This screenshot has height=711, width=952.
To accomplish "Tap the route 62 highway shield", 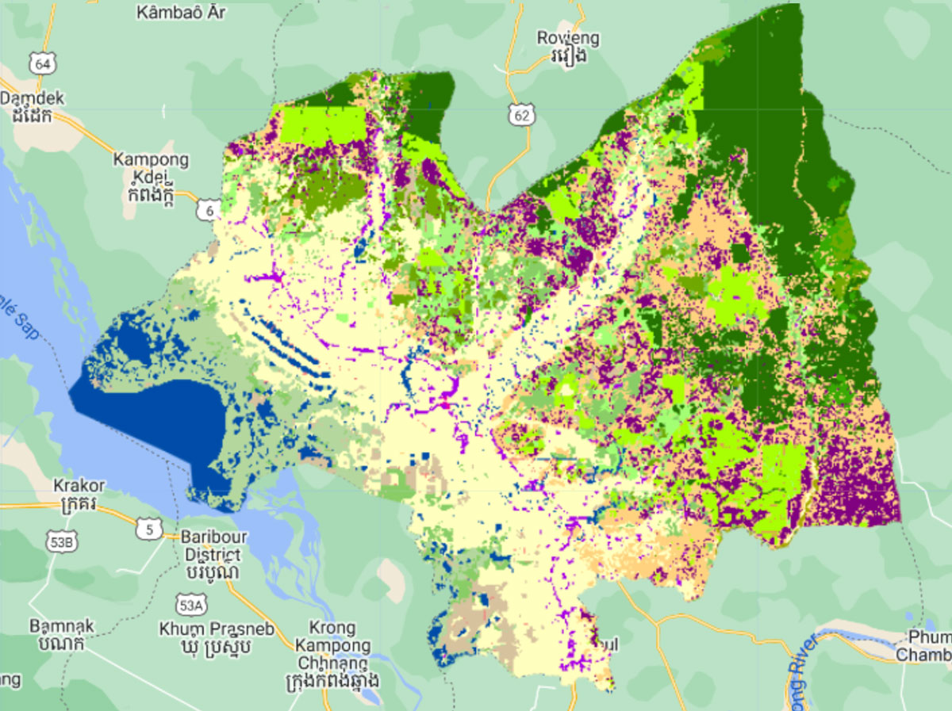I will (x=520, y=116).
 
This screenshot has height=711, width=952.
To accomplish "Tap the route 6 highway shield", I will (x=209, y=209).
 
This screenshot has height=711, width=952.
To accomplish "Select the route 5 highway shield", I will (x=148, y=529).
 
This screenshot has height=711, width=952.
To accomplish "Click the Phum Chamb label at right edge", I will (x=924, y=647).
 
